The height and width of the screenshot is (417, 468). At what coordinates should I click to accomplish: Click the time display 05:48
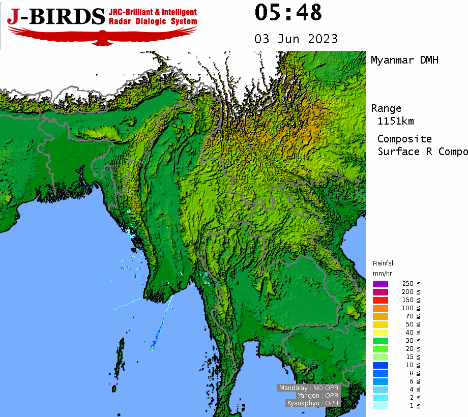(288, 13)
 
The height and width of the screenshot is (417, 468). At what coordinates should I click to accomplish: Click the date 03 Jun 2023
(296, 39)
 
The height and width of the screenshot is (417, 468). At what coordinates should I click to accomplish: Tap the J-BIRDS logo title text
(56, 17)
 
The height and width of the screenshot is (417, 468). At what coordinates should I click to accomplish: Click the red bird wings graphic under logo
(102, 35)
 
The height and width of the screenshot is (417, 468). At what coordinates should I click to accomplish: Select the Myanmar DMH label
(404, 61)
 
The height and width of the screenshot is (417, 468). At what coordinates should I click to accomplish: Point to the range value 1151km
(396, 121)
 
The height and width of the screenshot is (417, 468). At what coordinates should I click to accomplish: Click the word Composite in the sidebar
(404, 139)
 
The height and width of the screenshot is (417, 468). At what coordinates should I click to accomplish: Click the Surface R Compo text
(422, 152)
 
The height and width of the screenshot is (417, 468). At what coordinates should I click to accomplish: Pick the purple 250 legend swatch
(380, 284)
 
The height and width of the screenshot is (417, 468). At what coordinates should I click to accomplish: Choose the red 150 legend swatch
(380, 300)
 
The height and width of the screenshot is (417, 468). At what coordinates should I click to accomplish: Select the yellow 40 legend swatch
(380, 333)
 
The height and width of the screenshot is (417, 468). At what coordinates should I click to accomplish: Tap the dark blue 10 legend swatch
(380, 365)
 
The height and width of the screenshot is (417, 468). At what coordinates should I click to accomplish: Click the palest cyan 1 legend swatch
(380, 406)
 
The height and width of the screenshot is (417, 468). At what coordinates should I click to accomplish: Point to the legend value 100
(407, 308)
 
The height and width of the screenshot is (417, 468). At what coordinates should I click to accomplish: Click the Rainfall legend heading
(383, 263)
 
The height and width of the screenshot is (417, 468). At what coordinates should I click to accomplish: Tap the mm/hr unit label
(382, 274)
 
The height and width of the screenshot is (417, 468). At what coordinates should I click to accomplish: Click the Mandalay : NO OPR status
(308, 388)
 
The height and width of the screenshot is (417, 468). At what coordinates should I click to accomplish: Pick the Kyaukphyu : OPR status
(312, 403)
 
